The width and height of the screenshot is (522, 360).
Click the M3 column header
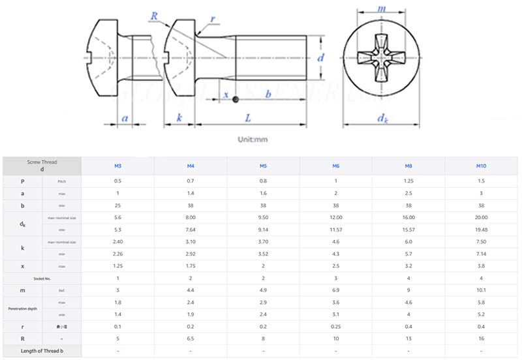(117, 166)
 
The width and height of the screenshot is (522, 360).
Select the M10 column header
(481, 166)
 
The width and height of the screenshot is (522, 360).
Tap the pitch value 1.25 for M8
(408, 181)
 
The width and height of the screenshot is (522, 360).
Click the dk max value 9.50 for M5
(263, 217)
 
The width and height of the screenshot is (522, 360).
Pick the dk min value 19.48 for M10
(481, 230)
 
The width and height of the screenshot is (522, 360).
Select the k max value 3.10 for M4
(191, 241)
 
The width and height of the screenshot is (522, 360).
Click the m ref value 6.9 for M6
(335, 290)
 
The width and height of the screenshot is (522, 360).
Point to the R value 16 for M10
(481, 338)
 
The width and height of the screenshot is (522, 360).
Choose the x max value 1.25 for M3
(117, 265)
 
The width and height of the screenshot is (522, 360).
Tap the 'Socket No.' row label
(42, 278)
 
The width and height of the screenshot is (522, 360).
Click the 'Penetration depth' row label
(22, 308)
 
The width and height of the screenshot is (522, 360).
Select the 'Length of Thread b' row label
(42, 351)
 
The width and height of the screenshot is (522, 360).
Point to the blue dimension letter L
(249, 117)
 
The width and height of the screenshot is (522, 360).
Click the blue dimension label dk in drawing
(382, 118)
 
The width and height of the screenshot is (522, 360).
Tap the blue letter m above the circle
(382, 8)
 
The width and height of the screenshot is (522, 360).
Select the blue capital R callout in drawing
(154, 15)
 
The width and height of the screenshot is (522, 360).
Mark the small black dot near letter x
(236, 99)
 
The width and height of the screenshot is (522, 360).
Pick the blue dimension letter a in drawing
(125, 118)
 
